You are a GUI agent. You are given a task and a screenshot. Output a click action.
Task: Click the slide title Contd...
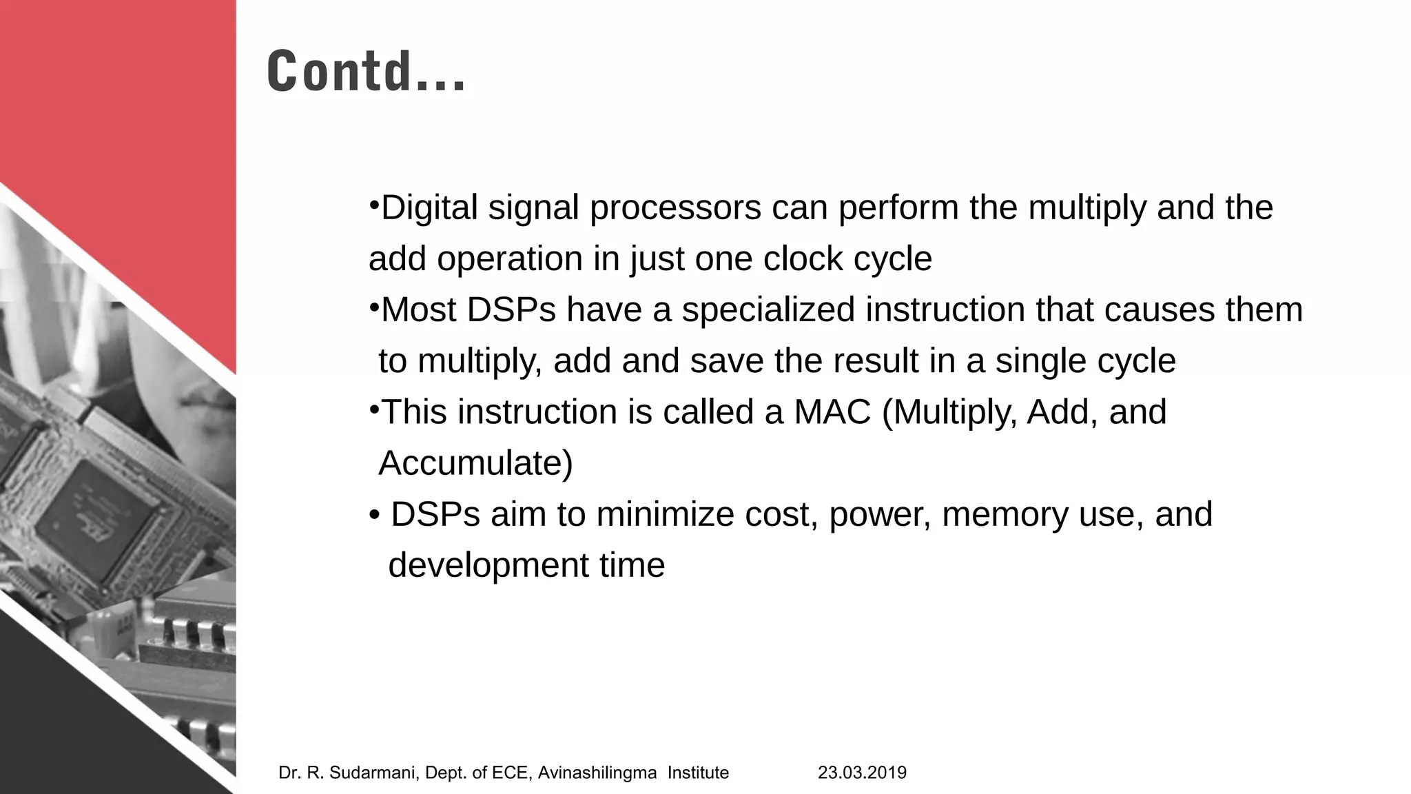coord(366,71)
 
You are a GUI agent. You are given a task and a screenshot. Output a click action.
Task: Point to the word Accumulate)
coord(475,463)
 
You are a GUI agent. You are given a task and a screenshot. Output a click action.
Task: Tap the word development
coord(488,565)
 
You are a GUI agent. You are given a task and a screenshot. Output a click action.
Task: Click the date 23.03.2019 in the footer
coord(862,773)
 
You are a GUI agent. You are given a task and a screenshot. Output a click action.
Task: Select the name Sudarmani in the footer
coord(373,773)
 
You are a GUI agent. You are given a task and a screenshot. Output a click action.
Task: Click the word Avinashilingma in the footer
coord(597,773)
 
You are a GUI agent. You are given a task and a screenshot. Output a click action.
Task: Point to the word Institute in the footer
coord(698,773)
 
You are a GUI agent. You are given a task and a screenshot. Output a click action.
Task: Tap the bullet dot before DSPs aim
coord(374,515)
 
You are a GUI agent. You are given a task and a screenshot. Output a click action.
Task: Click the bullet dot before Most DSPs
coord(373,305)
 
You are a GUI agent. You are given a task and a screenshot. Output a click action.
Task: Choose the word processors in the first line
coord(675,207)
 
